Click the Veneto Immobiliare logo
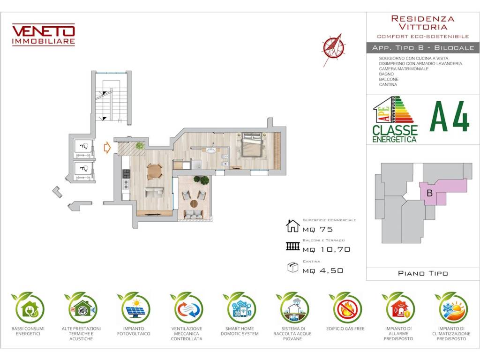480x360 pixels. [44, 35]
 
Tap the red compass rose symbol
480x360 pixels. [333, 49]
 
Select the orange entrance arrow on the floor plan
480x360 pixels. [107, 148]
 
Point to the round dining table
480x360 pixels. [155, 172]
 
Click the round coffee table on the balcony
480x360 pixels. [195, 203]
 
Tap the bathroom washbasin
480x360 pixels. [211, 150]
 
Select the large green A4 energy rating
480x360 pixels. [450, 117]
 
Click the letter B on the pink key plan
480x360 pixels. [429, 193]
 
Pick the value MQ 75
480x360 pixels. [317, 229]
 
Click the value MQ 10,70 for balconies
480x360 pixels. [326, 249]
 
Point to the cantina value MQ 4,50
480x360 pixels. [322, 270]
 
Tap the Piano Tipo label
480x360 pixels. [423, 273]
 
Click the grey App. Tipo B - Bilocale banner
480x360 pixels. [423, 48]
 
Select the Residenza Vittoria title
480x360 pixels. [423, 22]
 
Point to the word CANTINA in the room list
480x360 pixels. [388, 84]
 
